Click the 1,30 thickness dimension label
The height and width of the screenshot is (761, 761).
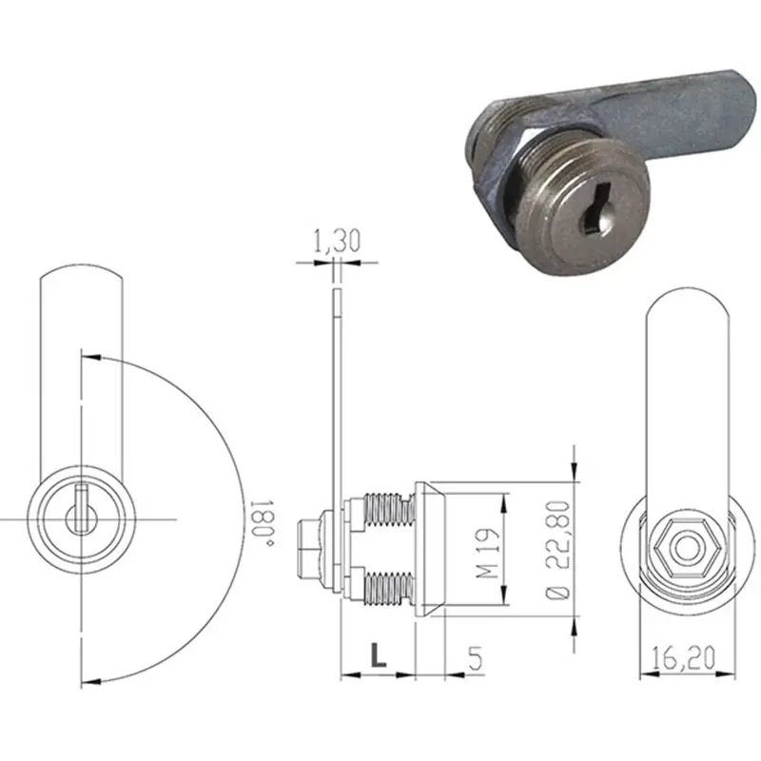[x=338, y=242]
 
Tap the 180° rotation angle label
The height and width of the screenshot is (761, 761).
[x=263, y=522]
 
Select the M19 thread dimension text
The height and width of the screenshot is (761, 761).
[x=488, y=554]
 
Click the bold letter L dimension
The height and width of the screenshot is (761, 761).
[x=378, y=654]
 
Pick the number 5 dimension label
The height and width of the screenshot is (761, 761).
[x=476, y=658]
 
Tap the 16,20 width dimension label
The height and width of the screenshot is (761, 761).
[x=683, y=658]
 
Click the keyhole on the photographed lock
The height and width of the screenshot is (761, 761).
[x=595, y=213]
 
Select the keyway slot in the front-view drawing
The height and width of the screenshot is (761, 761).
[x=82, y=509]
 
